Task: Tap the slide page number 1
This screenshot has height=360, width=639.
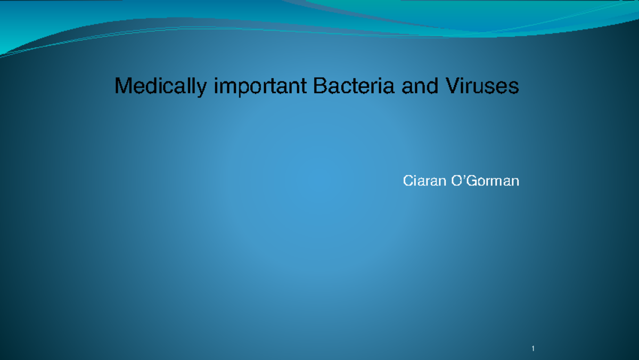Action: click(532, 349)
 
